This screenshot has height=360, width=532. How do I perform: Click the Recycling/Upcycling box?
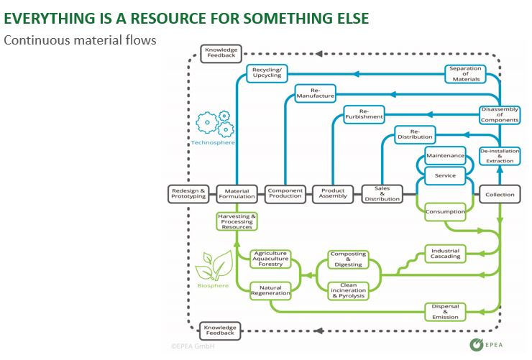[267, 72]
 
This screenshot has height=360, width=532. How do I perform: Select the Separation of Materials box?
[465, 73]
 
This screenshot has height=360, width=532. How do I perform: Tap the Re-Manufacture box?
[315, 93]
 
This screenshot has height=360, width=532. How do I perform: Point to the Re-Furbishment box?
[359, 113]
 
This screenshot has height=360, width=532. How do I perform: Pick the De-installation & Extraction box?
[500, 156]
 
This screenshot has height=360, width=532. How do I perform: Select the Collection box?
[500, 194]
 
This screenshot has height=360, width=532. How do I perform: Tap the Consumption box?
[445, 212]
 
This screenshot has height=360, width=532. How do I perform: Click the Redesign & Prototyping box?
[188, 193]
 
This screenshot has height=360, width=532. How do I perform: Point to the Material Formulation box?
[237, 193]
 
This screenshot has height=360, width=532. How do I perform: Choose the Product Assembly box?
[333, 193]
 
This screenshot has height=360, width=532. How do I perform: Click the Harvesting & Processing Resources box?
[237, 221]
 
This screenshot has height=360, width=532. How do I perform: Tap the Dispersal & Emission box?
[445, 310]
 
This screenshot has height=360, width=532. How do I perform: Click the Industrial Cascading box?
[445, 253]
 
